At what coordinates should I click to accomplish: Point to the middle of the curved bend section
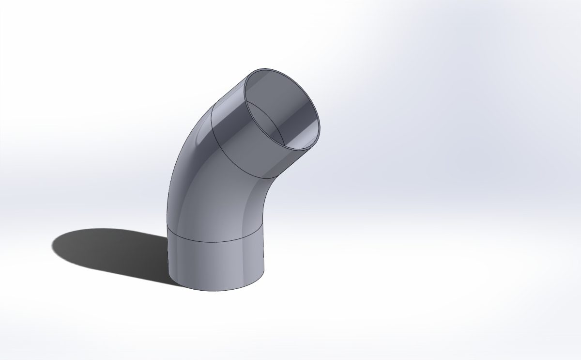coord(213,194)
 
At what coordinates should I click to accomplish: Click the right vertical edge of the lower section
coord(265,257)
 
